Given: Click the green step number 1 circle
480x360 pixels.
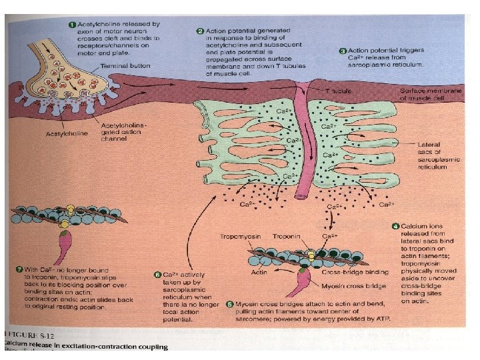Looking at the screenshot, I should tap(73, 24).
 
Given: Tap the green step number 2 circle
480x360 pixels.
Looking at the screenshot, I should tap(201, 31).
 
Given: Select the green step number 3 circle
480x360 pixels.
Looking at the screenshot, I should tap(343, 51).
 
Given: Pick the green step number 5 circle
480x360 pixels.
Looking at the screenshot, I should tap(229, 304).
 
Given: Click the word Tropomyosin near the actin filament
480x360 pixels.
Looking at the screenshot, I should tap(241, 237).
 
